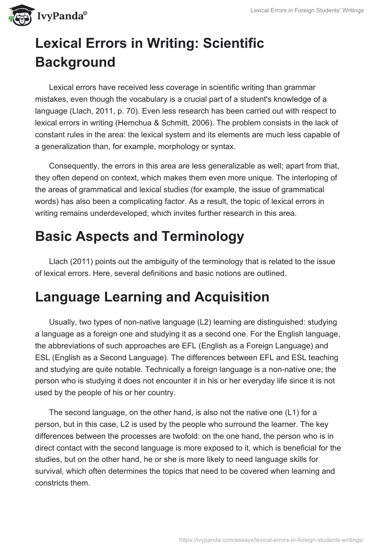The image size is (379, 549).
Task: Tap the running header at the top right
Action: pos(307,10)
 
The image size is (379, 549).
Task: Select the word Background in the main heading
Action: pos(75,62)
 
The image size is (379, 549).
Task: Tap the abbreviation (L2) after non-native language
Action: pos(205,322)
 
